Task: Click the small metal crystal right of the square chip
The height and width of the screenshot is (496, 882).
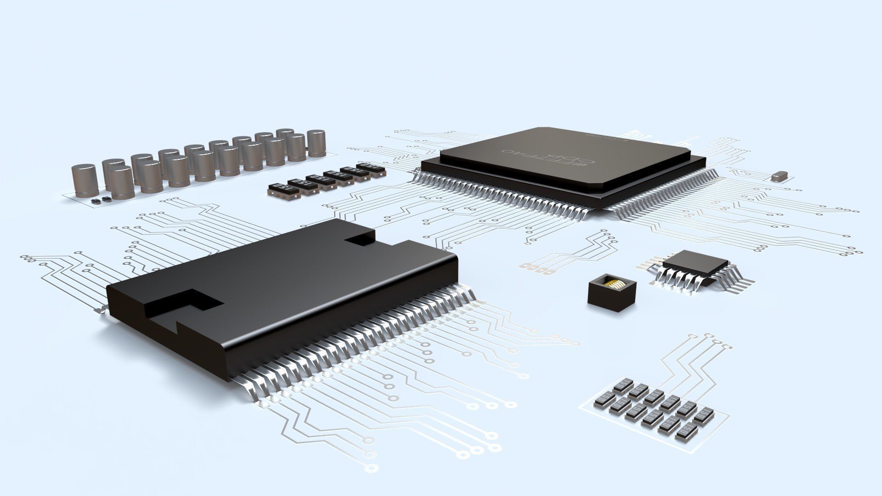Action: click(780, 176)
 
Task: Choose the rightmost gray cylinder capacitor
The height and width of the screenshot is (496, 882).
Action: click(316, 143)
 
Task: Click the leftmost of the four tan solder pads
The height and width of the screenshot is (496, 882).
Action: click(525, 265)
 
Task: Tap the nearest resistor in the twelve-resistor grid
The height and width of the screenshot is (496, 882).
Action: click(687, 434)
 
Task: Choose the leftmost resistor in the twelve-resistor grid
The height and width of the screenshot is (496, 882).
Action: click(602, 400)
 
